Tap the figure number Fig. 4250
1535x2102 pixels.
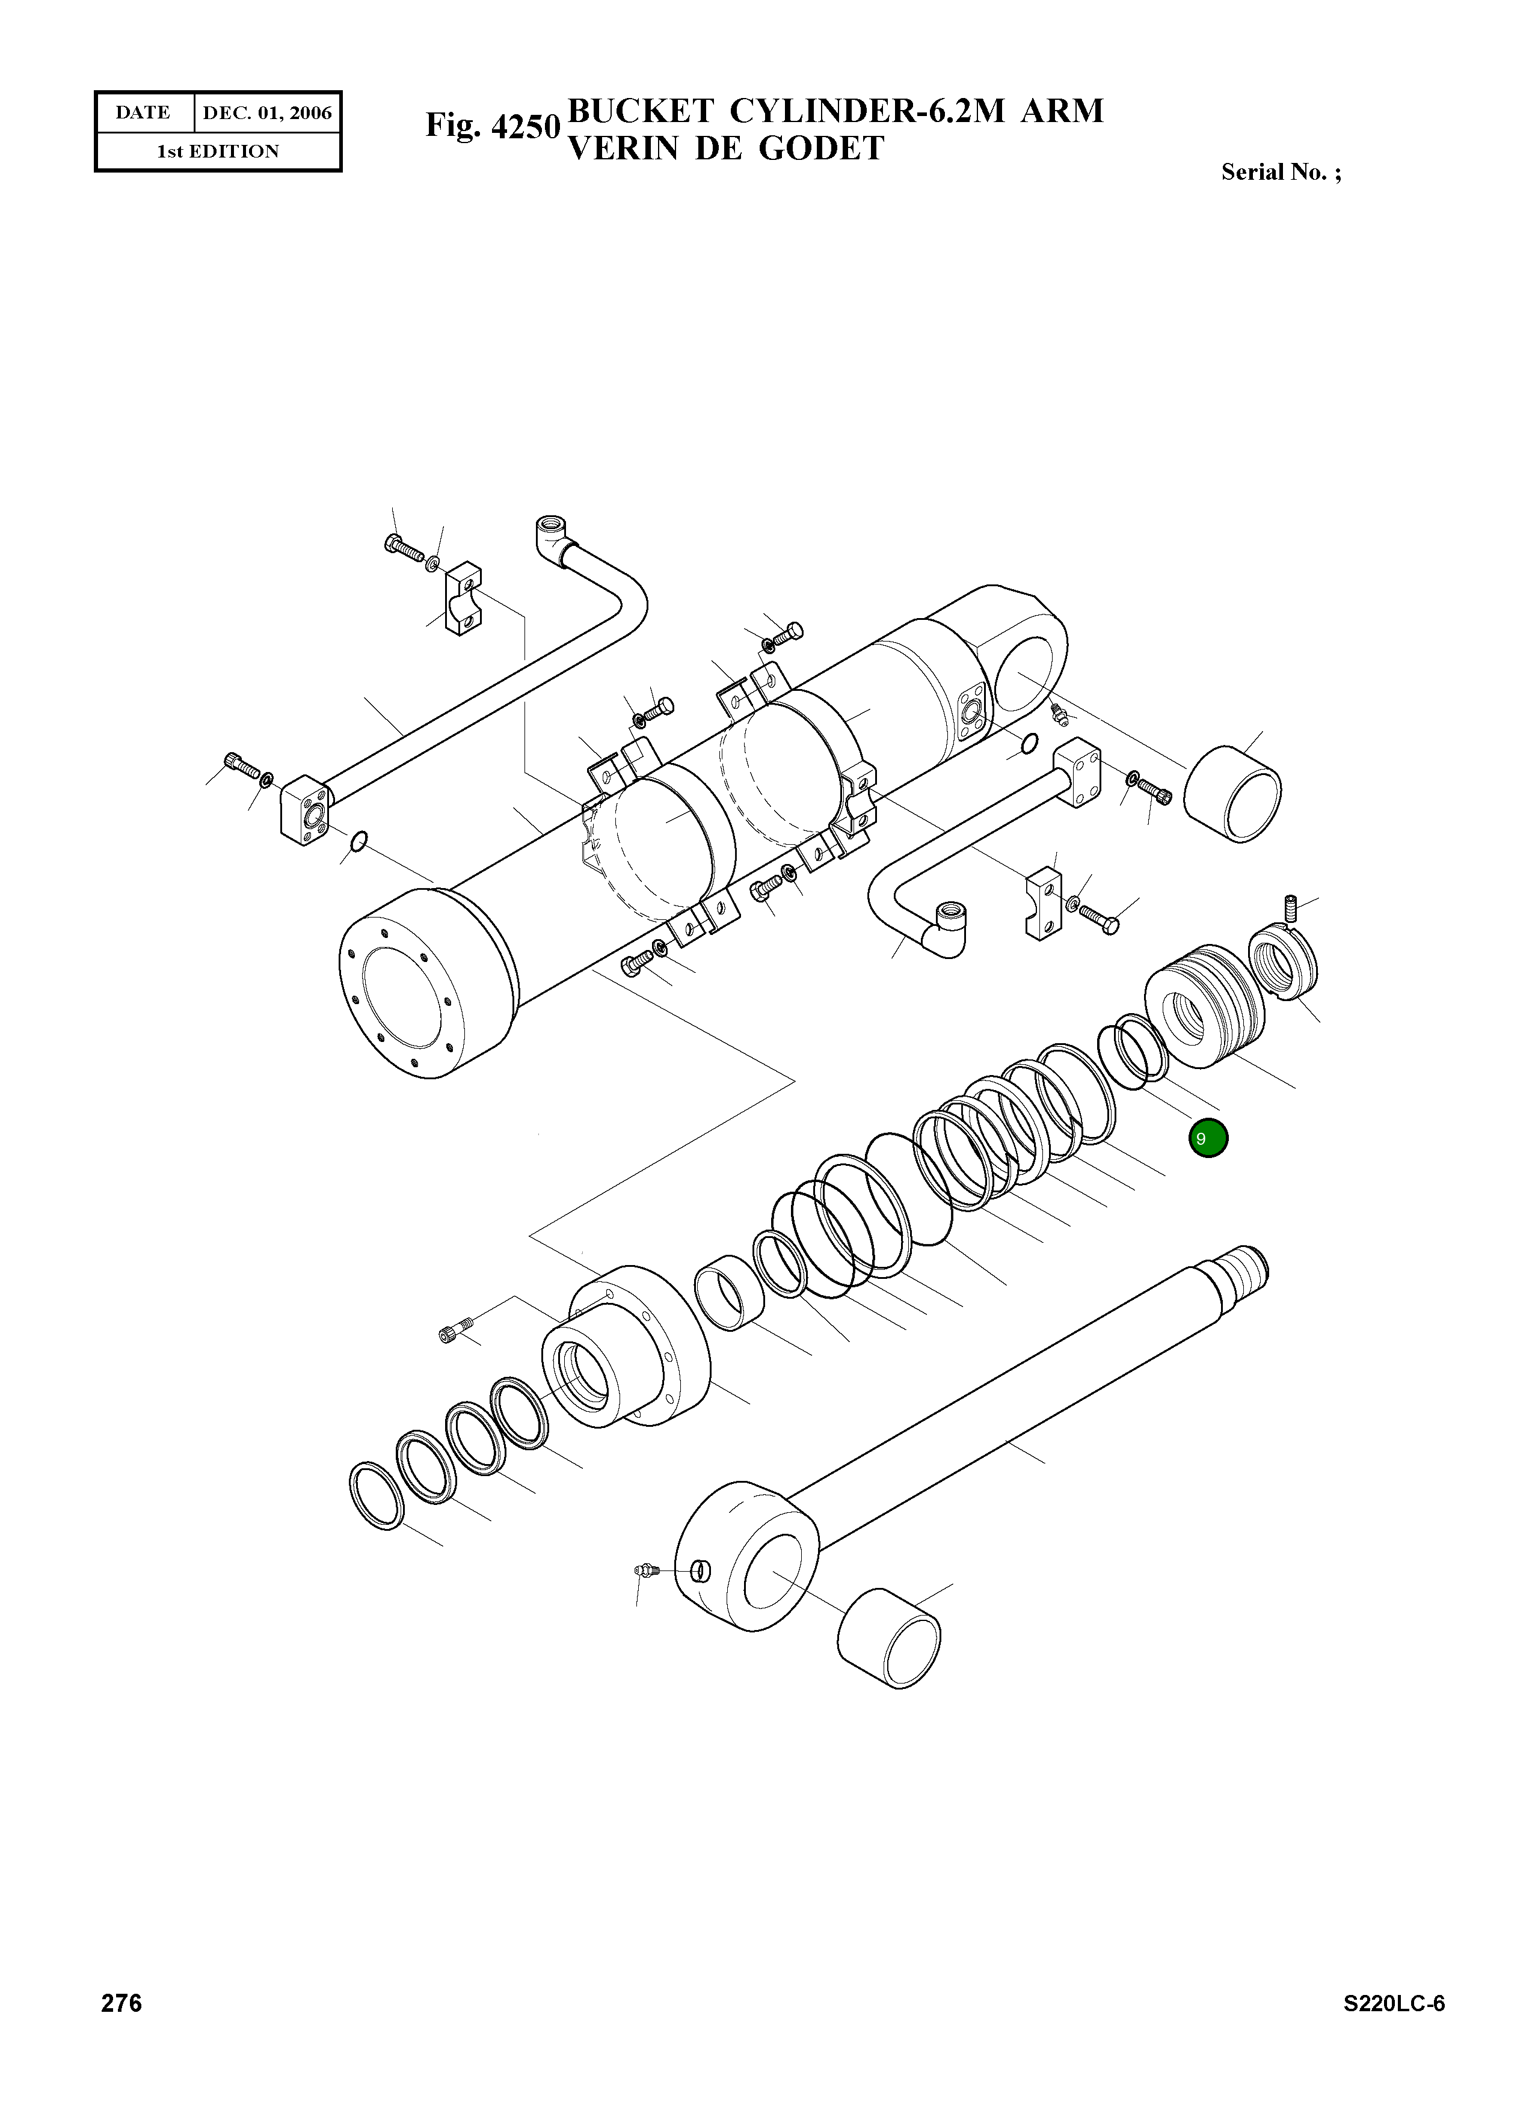[493, 126]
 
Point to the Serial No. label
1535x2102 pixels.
[1281, 172]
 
